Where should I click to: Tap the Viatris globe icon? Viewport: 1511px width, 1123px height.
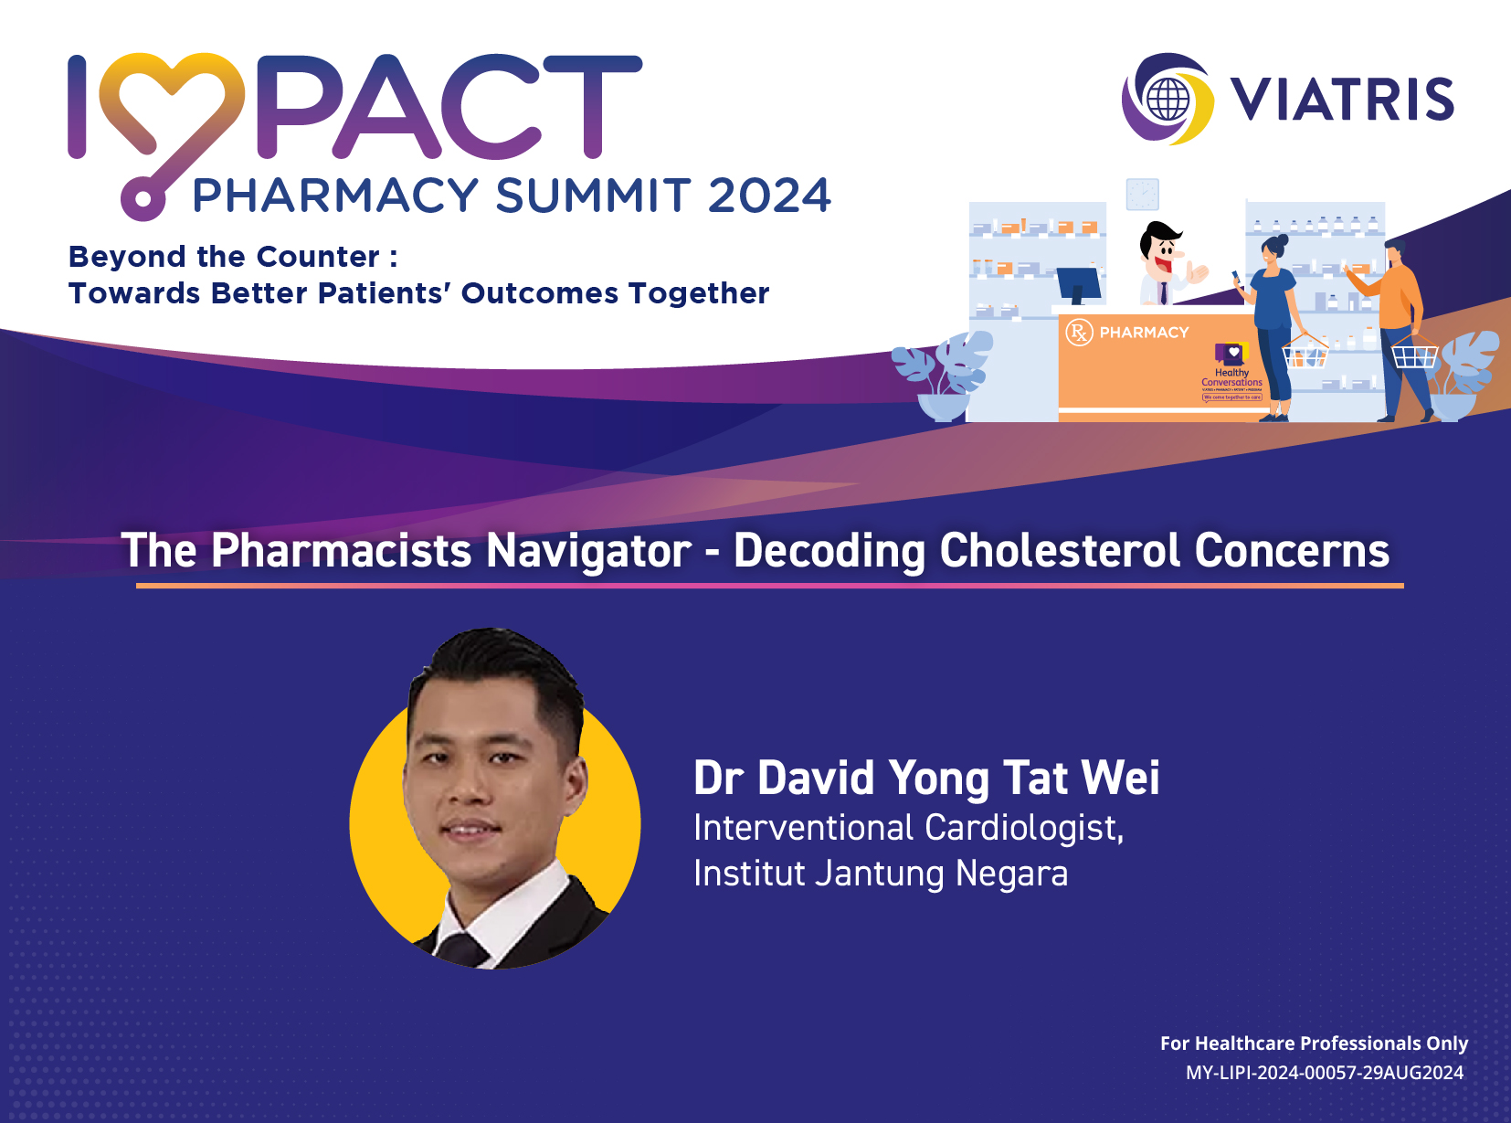coord(1168,99)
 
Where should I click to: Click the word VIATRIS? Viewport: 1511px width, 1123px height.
coord(1342,100)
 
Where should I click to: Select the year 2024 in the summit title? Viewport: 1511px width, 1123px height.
coord(769,196)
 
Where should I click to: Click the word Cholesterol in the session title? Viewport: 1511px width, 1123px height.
coord(1060,550)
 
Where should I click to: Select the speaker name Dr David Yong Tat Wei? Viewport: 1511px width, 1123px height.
coord(926,778)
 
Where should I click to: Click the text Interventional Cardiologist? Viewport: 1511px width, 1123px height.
coord(908,828)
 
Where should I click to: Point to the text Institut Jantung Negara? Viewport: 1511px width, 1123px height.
coord(881,874)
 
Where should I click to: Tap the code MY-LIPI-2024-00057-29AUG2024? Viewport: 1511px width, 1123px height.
coord(1325,1073)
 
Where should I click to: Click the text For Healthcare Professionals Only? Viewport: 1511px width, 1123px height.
coord(1314,1044)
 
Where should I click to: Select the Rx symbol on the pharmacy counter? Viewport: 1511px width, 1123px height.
coord(1079,333)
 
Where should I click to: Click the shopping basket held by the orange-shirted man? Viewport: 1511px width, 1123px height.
coord(1413,353)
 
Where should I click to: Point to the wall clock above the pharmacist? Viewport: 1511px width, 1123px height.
coord(1142,194)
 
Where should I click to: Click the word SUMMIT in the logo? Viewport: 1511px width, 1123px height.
coord(593,196)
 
